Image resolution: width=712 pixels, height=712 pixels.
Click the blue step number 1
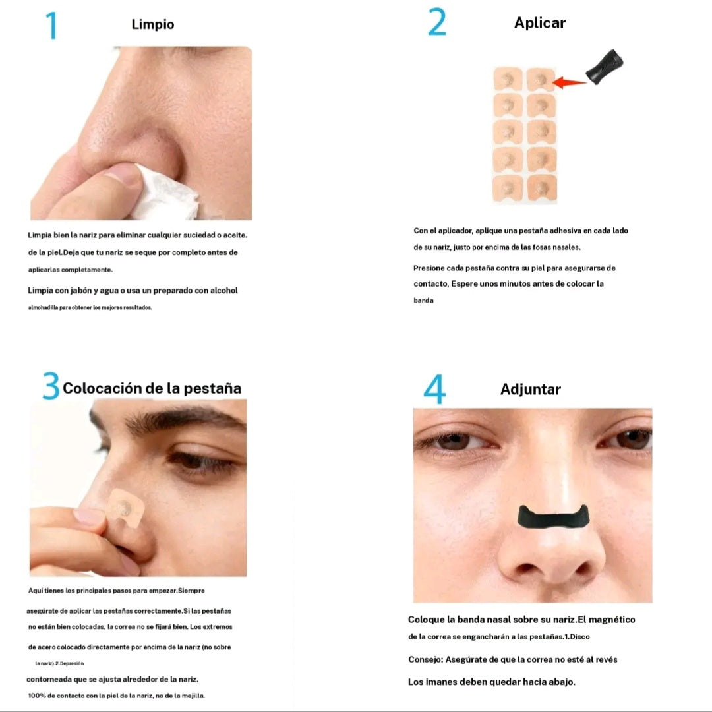[x=52, y=26]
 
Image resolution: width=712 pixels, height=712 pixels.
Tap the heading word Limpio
[x=153, y=24]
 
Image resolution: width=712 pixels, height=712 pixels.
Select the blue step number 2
[x=437, y=22]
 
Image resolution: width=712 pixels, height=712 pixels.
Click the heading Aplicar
[x=540, y=23]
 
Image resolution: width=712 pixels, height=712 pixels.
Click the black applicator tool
[x=605, y=67]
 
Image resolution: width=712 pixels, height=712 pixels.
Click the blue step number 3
[x=51, y=386]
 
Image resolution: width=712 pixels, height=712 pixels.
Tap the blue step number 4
[x=434, y=389]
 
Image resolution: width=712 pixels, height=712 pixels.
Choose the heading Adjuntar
[x=530, y=390]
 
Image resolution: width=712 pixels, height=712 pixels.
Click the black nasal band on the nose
[x=553, y=517]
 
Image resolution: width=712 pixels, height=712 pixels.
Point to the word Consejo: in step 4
[x=425, y=660]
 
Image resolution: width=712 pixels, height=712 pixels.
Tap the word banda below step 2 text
[x=423, y=301]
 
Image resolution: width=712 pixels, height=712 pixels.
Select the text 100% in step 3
[x=37, y=696]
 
